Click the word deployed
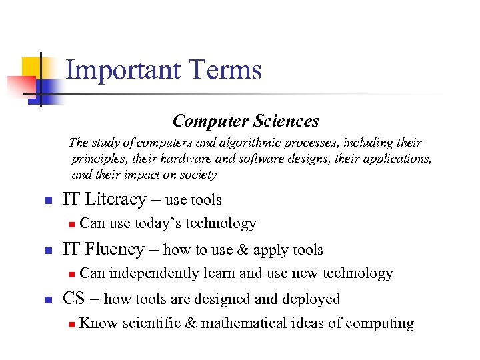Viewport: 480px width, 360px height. [x=314, y=299]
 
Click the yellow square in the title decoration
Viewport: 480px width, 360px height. [x=33, y=67]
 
